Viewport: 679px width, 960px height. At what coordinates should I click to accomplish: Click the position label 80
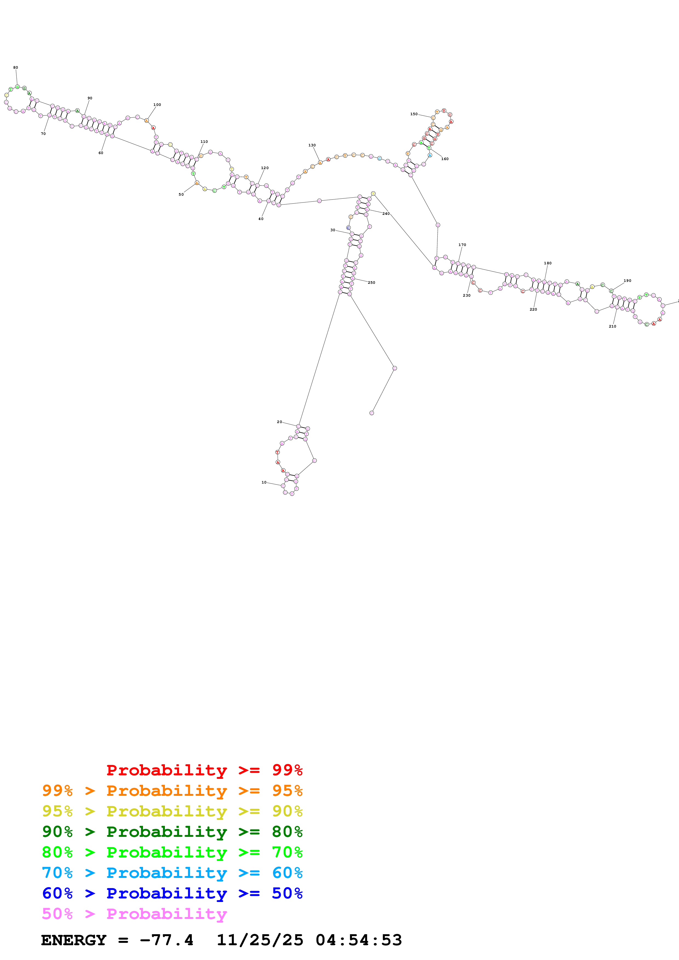pyautogui.click(x=16, y=67)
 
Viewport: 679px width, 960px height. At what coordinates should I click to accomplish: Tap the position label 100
pyautogui.click(x=157, y=105)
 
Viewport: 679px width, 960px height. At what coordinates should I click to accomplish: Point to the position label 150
pyautogui.click(x=414, y=114)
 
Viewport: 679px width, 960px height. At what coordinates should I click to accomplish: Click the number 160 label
pyautogui.click(x=445, y=159)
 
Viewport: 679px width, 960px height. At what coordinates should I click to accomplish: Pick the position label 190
pyautogui.click(x=627, y=281)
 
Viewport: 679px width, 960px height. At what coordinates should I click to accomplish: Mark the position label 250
pyautogui.click(x=371, y=283)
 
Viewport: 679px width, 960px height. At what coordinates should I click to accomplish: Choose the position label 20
pyautogui.click(x=279, y=422)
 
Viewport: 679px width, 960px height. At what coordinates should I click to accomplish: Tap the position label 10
pyautogui.click(x=264, y=482)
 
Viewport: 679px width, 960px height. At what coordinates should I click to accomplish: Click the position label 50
pyautogui.click(x=181, y=194)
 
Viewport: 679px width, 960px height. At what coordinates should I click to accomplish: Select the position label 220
pyautogui.click(x=533, y=310)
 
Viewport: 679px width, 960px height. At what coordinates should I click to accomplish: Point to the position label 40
pyautogui.click(x=261, y=219)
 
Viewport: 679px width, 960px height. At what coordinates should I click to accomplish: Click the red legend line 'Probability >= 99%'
pyautogui.click(x=204, y=770)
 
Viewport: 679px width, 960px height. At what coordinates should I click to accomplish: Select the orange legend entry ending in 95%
pyautogui.click(x=172, y=790)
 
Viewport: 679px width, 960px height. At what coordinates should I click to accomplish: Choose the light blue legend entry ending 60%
pyautogui.click(x=172, y=873)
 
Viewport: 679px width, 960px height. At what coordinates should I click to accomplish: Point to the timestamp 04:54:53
pyautogui.click(x=359, y=940)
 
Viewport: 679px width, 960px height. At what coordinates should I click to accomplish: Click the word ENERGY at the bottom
pyautogui.click(x=74, y=940)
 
